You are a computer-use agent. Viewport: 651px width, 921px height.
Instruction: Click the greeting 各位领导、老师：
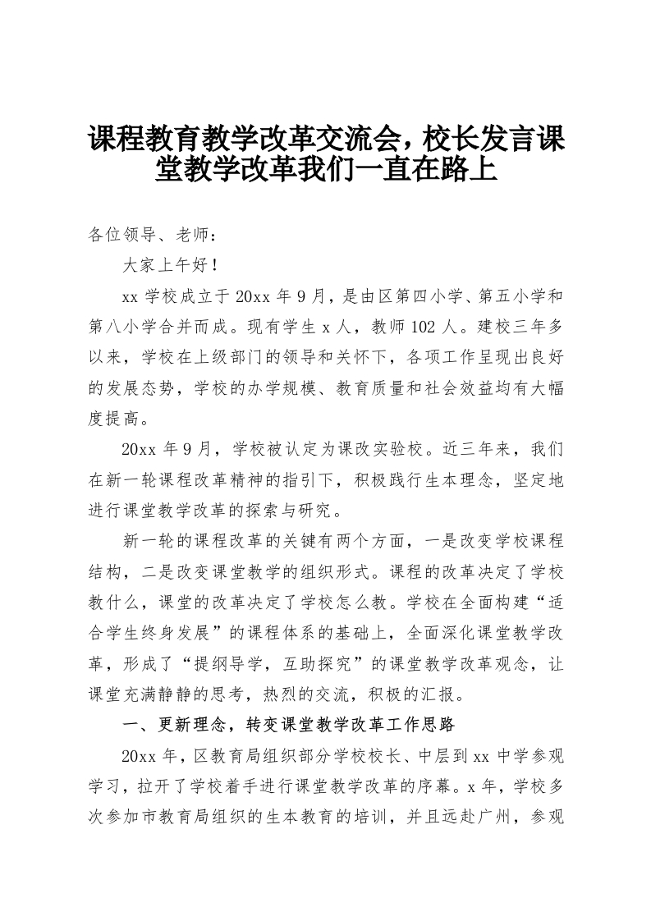(x=153, y=236)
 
